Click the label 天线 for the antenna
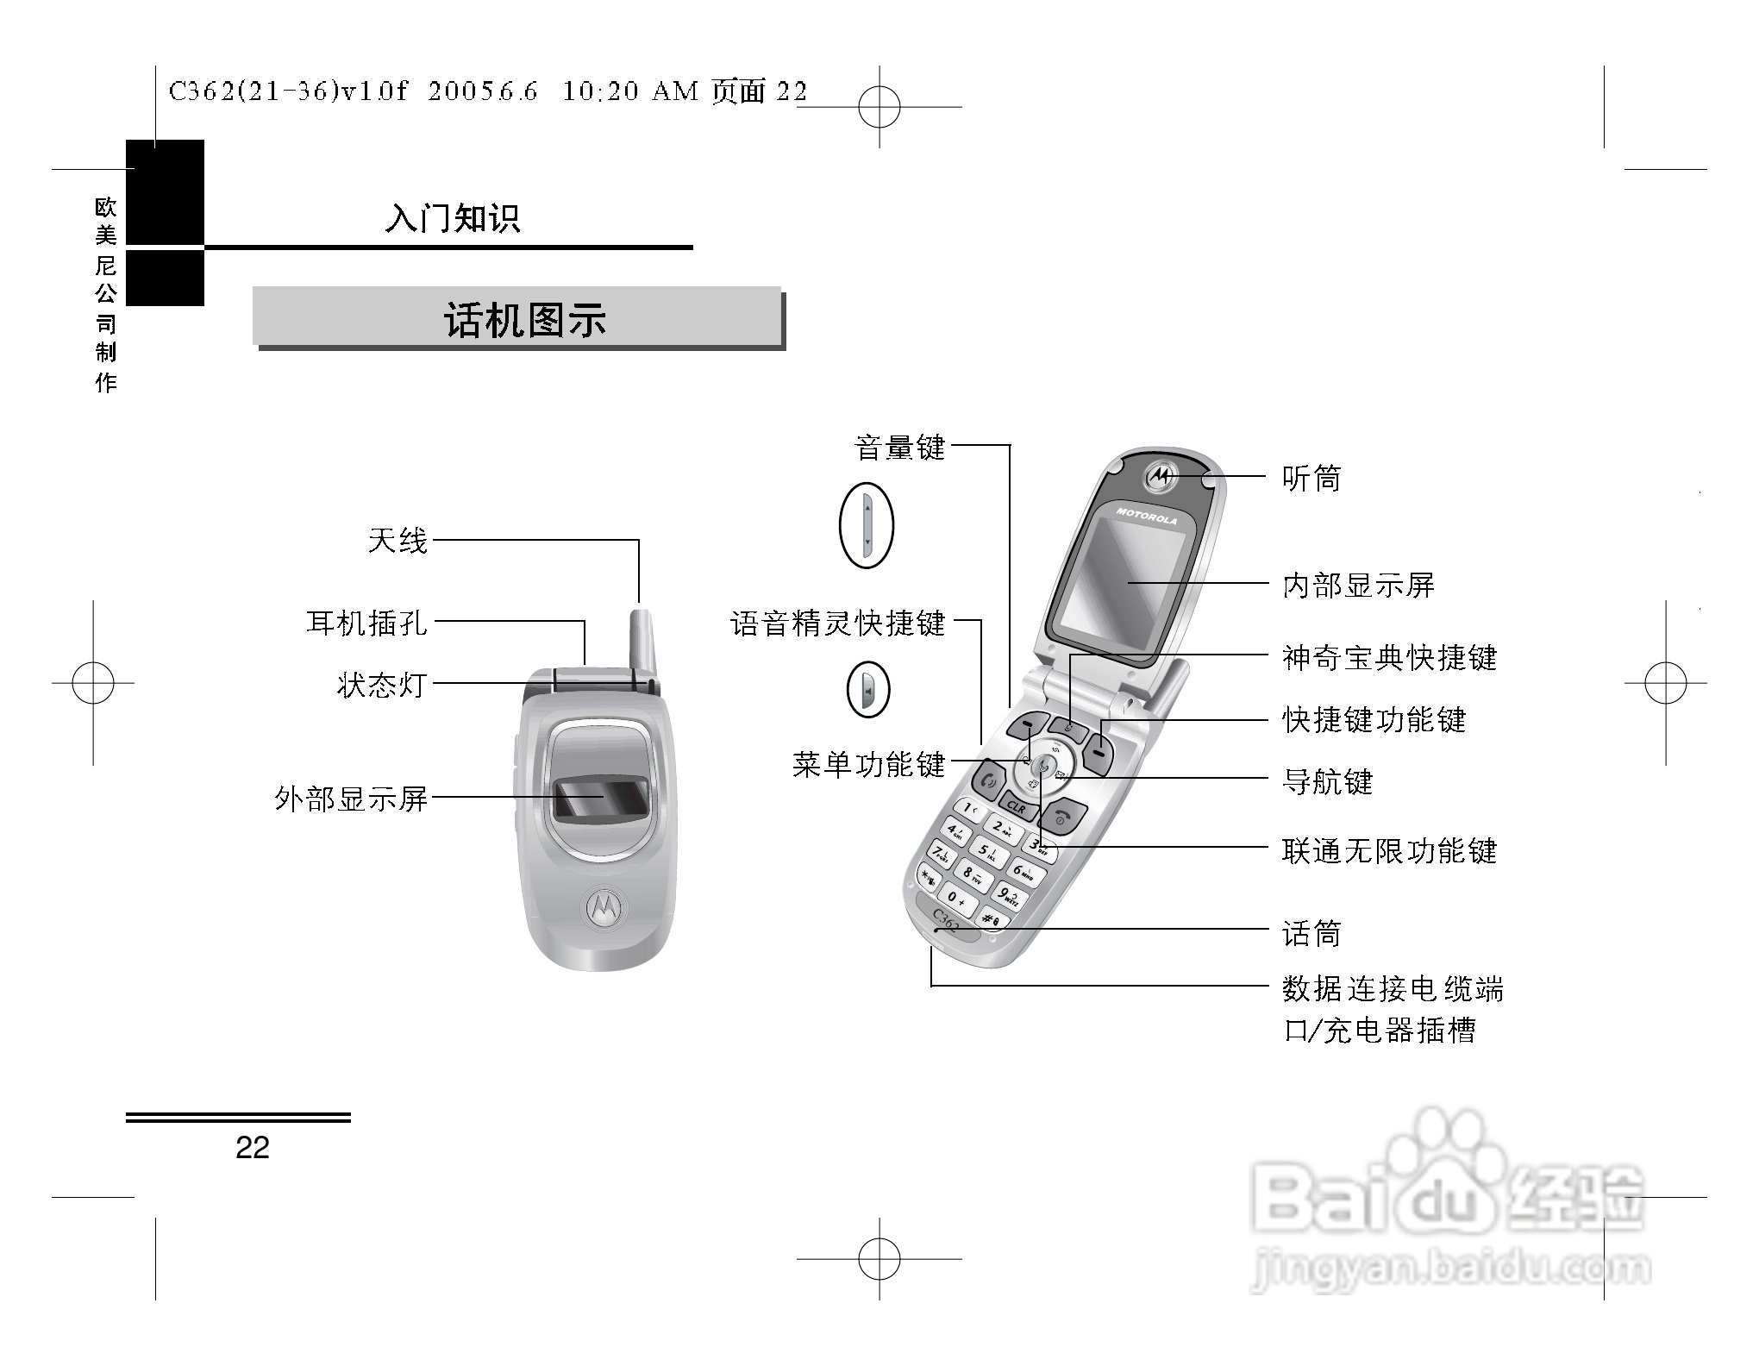tap(397, 542)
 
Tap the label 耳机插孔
tap(366, 622)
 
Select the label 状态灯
tap(381, 685)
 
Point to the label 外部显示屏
tap(351, 799)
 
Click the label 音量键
tap(899, 448)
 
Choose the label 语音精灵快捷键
tap(837, 623)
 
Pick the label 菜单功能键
tap(868, 764)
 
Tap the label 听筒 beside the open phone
tap(1311, 478)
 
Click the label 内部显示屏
tap(1358, 586)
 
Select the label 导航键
tap(1327, 782)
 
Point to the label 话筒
tap(1311, 933)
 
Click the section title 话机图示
tap(525, 320)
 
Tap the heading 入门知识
tap(453, 218)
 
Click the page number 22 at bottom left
tap(252, 1147)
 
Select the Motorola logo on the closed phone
tap(604, 907)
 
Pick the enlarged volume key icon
tap(867, 525)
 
